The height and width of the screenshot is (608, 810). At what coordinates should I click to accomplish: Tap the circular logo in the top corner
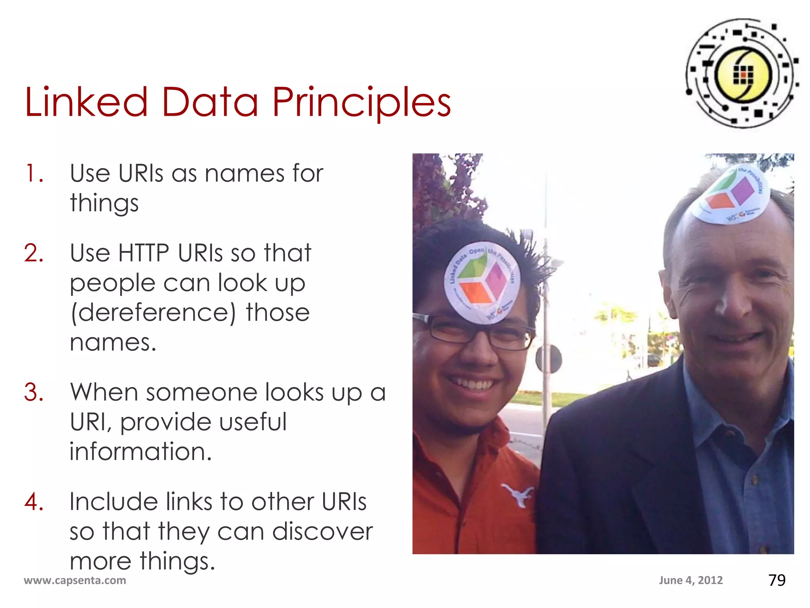tap(742, 74)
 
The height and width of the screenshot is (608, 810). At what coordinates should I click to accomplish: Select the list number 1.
tap(33, 174)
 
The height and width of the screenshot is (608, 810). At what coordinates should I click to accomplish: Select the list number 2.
tap(34, 253)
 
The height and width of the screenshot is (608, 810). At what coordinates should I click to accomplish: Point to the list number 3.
tap(34, 393)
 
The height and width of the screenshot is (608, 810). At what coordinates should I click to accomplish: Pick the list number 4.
tap(34, 502)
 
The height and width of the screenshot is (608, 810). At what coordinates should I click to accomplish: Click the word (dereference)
tap(153, 313)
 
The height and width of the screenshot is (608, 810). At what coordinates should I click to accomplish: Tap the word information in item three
tap(140, 452)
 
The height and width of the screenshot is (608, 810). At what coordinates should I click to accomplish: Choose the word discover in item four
tap(322, 532)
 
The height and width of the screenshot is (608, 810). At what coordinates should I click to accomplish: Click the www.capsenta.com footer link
tap(75, 580)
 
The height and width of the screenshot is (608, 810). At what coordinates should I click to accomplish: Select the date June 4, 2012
tap(691, 580)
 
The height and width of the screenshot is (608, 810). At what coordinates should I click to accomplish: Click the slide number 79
tap(777, 580)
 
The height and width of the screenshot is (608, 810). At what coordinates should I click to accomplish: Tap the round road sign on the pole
tap(549, 359)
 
